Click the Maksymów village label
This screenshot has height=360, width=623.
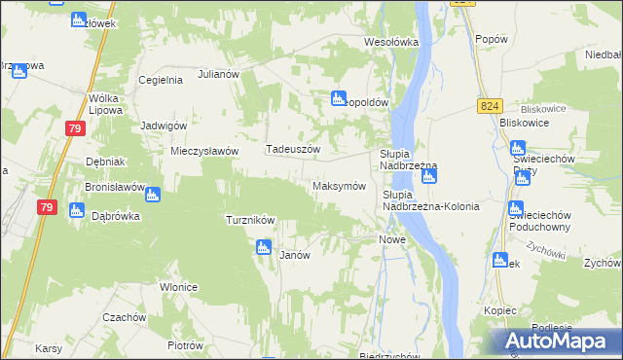(x=339, y=186)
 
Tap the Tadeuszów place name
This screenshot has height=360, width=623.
(x=293, y=149)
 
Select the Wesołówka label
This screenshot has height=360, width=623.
(x=390, y=42)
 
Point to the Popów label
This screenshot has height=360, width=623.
(x=493, y=39)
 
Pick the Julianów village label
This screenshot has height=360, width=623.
(x=218, y=74)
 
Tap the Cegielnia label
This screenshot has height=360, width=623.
(x=162, y=80)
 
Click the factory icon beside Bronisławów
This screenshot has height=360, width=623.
(x=153, y=195)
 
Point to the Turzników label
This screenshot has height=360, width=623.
(x=250, y=220)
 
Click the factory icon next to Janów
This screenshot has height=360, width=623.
(x=263, y=248)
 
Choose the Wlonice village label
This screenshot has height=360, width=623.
(x=180, y=287)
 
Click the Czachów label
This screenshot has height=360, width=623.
(x=125, y=317)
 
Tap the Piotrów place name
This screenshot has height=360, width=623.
(x=184, y=345)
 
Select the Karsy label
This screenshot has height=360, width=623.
(x=49, y=347)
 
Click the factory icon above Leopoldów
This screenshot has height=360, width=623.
(x=338, y=97)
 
